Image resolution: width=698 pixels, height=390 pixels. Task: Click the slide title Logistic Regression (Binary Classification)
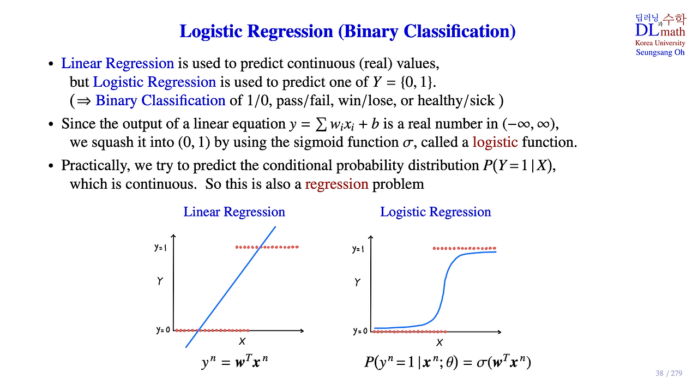(347, 32)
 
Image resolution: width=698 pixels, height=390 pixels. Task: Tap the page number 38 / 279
(669, 373)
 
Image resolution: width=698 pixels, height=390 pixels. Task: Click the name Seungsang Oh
(660, 52)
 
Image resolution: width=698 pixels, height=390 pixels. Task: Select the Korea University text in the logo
(660, 43)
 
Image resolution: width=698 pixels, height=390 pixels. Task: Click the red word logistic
(495, 142)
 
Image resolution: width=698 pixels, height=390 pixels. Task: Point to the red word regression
(336, 184)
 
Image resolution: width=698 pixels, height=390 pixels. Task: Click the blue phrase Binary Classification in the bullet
(160, 100)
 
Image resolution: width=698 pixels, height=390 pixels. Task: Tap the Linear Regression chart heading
(234, 212)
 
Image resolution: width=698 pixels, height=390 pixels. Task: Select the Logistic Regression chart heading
(435, 212)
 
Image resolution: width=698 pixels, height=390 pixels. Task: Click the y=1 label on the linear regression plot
(160, 248)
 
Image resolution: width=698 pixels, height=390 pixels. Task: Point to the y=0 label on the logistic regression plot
(360, 331)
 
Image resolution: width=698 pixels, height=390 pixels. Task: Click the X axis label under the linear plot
(242, 341)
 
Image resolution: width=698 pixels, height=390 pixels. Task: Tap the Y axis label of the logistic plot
(357, 283)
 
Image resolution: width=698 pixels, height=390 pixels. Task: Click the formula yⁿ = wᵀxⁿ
(234, 362)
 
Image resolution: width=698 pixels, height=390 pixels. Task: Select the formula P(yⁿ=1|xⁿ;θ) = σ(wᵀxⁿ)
(448, 362)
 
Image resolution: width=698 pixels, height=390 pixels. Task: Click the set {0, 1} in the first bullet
(417, 82)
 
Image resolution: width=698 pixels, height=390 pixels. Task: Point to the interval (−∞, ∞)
(529, 124)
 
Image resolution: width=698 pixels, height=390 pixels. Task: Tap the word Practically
(95, 165)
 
